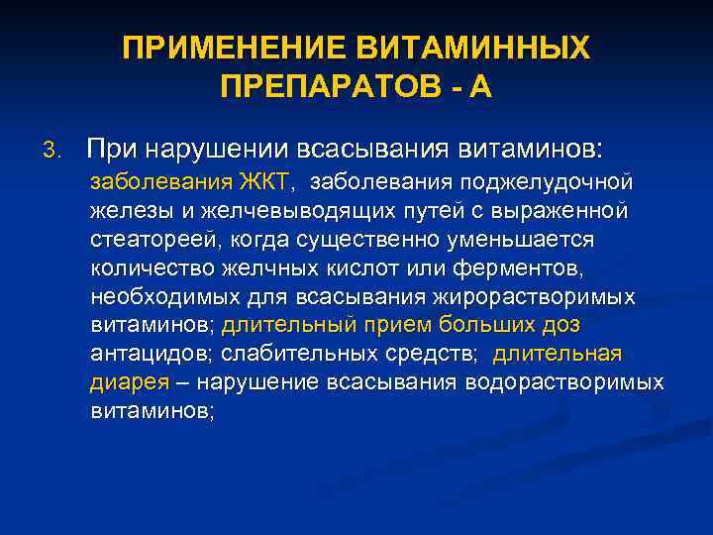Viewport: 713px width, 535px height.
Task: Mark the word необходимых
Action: (159, 297)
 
